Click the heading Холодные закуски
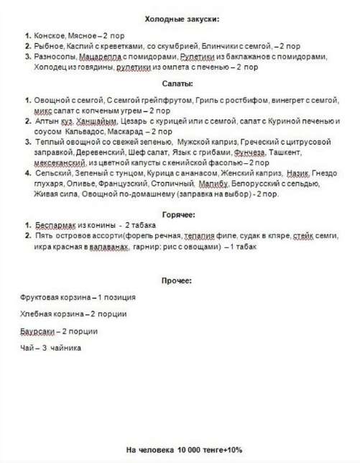pyautogui.click(x=182, y=18)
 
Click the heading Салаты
pyautogui.click(x=181, y=84)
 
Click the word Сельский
pyautogui.click(x=50, y=174)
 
